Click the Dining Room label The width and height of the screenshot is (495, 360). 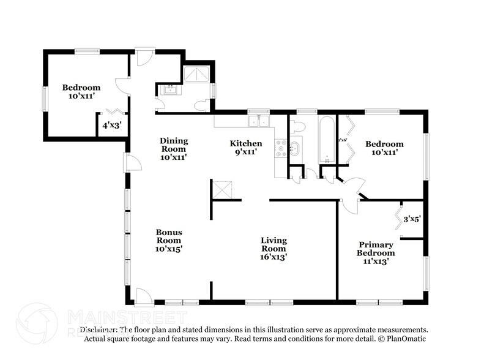(x=174, y=149)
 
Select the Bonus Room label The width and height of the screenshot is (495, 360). (x=168, y=241)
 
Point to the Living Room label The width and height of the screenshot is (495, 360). (x=274, y=249)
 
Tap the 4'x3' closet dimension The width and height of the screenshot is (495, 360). (x=111, y=126)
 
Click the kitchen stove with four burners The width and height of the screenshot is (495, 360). (x=281, y=148)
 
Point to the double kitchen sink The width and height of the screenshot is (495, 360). (x=261, y=121)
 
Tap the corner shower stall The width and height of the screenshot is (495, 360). (x=197, y=75)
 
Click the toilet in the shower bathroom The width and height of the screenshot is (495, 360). (x=199, y=106)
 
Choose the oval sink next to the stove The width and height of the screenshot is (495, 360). (x=295, y=148)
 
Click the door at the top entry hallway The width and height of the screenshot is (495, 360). (x=144, y=58)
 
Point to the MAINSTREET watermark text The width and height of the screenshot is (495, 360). (x=125, y=317)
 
